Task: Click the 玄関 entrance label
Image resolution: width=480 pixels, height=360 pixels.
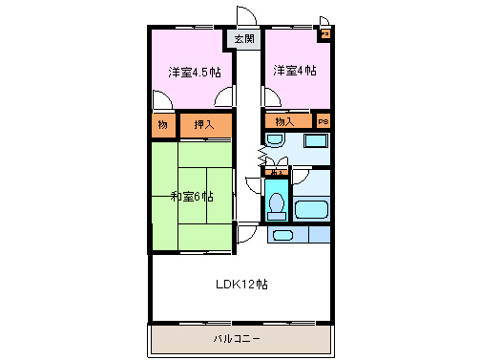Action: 244,39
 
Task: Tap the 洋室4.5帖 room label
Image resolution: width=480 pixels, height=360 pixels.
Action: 195,72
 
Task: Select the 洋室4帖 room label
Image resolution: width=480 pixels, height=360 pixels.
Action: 295,71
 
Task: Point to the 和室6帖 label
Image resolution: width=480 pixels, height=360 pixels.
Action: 192,197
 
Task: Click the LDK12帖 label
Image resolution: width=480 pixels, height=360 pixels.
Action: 240,284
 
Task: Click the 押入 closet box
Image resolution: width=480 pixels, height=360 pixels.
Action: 204,124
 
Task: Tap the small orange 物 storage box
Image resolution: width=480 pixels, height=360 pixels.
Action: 163,124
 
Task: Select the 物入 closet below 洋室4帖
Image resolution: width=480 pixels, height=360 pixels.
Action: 285,121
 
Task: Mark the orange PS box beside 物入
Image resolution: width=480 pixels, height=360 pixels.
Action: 323,121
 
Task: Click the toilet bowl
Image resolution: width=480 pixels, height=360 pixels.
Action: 278,204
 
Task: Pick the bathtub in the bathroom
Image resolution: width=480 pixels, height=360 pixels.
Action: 312,209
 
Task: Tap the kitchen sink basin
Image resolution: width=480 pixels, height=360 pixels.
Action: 282,234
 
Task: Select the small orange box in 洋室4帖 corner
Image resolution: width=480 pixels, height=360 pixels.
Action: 324,35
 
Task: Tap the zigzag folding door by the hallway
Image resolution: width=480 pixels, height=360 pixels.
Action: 260,153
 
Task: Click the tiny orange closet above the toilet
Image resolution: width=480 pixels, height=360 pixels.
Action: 277,172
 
